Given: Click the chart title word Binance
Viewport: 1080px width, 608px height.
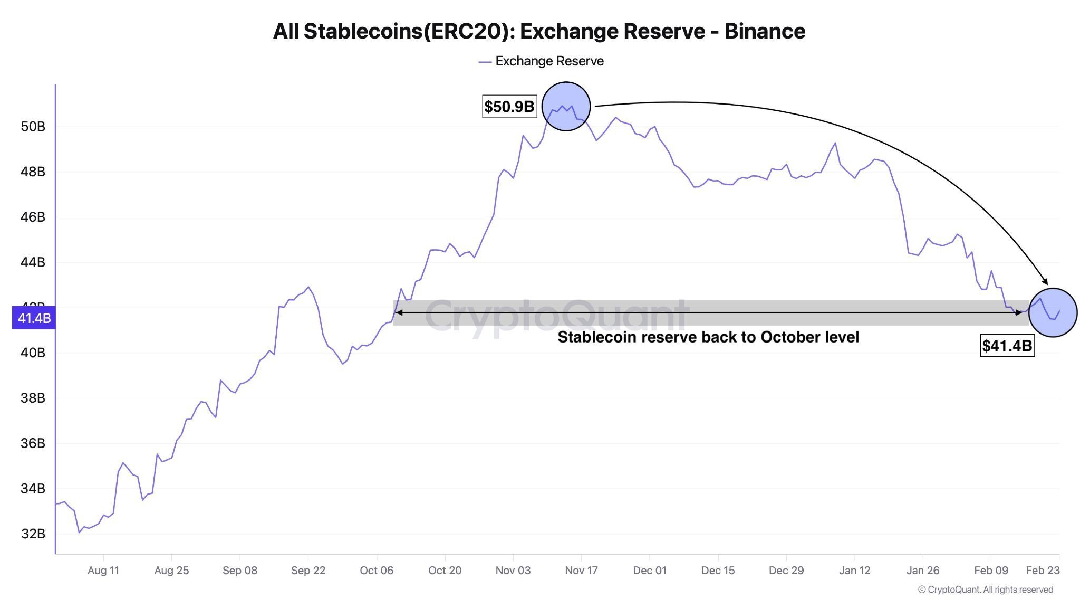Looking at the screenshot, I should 765,31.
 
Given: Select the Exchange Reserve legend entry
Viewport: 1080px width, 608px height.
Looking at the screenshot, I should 541,61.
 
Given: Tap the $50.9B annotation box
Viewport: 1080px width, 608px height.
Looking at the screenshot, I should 509,107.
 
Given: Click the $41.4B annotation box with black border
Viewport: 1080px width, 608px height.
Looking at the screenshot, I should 1007,346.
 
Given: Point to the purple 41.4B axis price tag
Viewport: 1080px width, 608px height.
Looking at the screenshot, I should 34,318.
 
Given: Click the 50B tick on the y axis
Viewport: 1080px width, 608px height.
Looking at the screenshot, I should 33,127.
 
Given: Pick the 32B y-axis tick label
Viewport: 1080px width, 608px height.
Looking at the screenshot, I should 33,534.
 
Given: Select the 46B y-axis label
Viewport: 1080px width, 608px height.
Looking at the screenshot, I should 33,217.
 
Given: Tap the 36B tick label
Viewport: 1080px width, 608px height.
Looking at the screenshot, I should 33,443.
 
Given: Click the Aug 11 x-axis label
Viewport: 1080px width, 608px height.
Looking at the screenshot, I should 103,571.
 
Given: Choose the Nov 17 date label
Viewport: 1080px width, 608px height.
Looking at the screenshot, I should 581,571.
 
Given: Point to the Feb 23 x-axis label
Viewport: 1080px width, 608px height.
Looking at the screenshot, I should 1043,571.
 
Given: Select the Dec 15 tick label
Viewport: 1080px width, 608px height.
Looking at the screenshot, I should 718,571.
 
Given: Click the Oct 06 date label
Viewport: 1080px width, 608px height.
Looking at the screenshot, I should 377,571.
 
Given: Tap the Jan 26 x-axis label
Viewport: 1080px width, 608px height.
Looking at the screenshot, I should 923,571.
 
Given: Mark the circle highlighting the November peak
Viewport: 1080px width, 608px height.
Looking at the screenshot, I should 566,106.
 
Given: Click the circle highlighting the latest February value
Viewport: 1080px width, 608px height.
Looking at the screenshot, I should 1053,312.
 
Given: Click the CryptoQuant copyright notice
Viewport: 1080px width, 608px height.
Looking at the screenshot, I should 986,590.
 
